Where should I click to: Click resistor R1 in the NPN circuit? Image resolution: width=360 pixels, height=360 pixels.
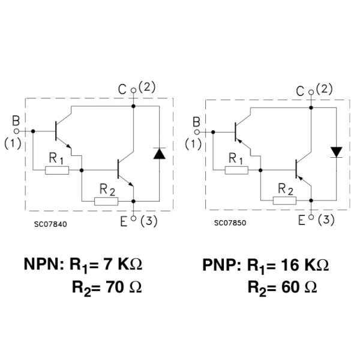click(57, 170)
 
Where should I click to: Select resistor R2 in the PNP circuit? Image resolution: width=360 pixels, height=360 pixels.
click(284, 200)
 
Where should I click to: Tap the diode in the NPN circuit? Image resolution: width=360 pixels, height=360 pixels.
click(159, 153)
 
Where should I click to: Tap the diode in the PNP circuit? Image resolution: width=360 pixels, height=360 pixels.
click(337, 151)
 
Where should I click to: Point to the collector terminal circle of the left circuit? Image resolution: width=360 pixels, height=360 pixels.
click(133, 91)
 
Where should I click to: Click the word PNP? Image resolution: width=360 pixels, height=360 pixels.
click(221, 265)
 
